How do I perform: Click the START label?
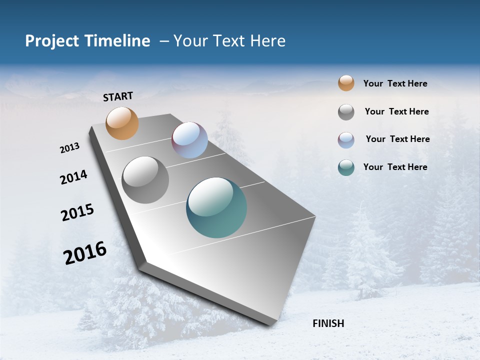(x=118, y=96)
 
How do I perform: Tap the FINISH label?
(x=328, y=323)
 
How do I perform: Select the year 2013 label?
(x=69, y=148)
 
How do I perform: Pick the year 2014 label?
(x=73, y=177)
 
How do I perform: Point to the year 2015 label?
(x=77, y=212)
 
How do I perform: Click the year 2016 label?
(x=85, y=253)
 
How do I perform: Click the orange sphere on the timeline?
(x=122, y=123)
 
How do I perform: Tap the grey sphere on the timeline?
(x=145, y=180)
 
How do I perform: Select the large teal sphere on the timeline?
(x=216, y=207)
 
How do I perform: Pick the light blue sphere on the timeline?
(x=189, y=140)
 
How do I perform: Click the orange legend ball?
(x=346, y=83)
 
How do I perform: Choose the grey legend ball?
(x=346, y=112)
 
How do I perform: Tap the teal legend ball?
(x=346, y=167)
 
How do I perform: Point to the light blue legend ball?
(x=346, y=140)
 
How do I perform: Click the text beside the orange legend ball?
(x=395, y=83)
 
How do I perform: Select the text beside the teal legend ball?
(x=395, y=167)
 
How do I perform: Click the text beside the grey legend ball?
(x=396, y=111)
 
